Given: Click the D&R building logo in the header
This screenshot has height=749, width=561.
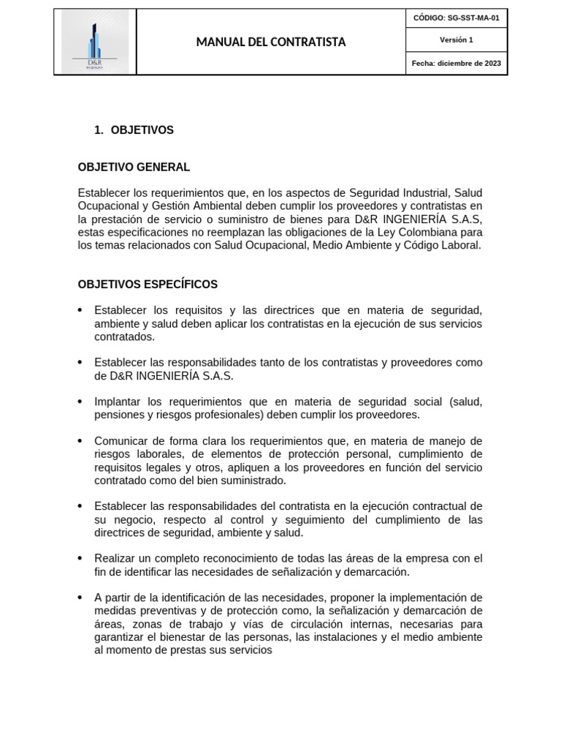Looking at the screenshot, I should point(95,42).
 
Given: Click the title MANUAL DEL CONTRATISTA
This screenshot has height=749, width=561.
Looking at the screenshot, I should point(271,42).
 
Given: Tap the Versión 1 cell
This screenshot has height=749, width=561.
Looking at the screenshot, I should point(456,40).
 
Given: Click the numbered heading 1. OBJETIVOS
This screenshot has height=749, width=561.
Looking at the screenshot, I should point(134,130).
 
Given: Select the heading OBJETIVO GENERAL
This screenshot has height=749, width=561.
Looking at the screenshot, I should point(134,168).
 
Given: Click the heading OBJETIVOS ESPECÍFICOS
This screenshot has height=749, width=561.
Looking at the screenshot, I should point(148,285).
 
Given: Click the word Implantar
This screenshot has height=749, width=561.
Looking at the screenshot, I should point(118,402).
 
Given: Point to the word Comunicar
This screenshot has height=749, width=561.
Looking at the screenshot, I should point(121,441).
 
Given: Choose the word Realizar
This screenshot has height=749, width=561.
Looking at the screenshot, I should point(115,559).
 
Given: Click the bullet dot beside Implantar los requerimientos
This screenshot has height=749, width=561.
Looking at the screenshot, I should point(80,402).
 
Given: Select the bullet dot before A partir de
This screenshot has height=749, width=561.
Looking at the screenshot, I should point(80,598).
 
